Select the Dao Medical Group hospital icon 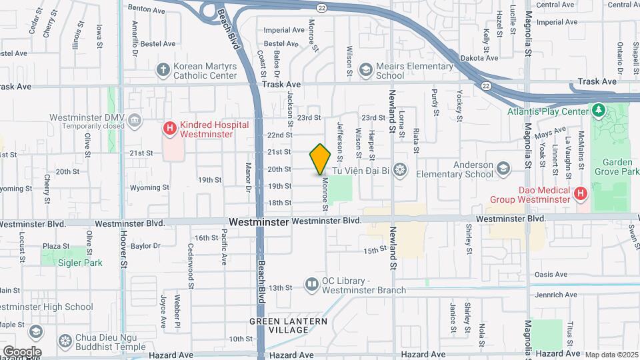tap(581, 194)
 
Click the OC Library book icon tap(311, 285)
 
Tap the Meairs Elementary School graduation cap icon tap(365, 69)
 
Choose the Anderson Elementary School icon tap(502, 167)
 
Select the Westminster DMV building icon tap(135, 120)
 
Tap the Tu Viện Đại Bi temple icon tap(399, 170)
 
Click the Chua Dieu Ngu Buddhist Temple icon tap(65, 341)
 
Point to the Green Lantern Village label tap(289, 325)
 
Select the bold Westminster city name tap(259, 221)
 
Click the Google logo tap(22, 351)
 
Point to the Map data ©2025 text tap(611, 355)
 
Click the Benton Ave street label tap(146, 10)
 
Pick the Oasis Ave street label tap(550, 274)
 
